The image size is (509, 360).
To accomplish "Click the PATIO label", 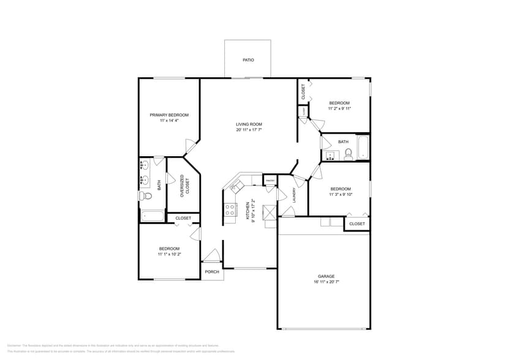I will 248,60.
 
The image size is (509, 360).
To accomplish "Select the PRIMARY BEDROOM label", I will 169,115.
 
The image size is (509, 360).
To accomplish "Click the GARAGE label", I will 326,276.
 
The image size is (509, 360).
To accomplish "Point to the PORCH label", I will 212,272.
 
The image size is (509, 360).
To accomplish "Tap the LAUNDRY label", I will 295,195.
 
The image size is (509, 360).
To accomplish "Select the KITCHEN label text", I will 248,211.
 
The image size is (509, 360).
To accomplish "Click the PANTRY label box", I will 270,181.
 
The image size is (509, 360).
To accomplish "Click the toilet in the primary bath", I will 145,196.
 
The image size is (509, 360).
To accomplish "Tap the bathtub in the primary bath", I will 153,216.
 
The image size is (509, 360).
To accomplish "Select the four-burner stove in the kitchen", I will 231,210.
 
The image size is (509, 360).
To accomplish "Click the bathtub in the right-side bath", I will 363,148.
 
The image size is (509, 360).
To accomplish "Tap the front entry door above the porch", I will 212,256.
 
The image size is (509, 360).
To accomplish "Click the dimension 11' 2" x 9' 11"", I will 339,108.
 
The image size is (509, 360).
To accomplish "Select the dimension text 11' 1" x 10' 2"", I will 170,254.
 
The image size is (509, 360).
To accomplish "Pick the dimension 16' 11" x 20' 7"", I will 326,282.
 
